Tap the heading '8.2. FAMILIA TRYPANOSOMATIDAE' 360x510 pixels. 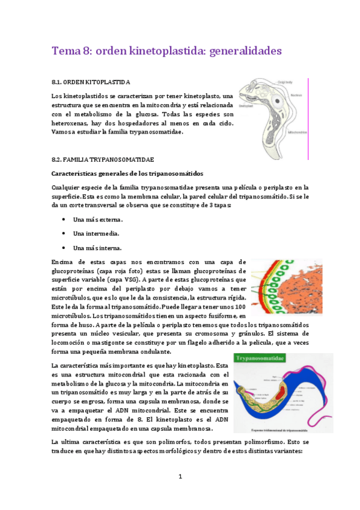(103, 159)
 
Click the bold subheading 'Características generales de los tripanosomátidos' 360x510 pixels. (128, 173)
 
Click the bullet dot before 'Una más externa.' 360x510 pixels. (63, 220)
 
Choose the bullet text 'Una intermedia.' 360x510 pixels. (96, 234)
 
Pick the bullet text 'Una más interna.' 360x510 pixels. (97, 247)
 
